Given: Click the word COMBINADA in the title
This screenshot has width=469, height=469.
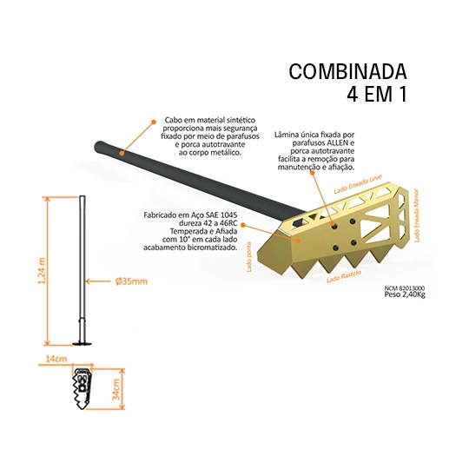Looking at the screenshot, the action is point(347,71).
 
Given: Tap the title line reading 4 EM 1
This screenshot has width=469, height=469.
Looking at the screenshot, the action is point(377,94).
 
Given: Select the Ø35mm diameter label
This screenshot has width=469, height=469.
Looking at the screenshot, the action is point(132,281).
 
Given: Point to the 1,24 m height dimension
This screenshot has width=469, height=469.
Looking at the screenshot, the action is point(43,271).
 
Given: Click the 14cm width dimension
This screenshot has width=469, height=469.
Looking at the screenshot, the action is point(56,359).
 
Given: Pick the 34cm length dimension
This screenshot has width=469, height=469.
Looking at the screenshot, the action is point(116,389).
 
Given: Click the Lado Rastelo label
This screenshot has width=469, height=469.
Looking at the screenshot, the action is point(344,276).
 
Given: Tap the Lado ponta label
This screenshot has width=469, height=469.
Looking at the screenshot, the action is point(249,257).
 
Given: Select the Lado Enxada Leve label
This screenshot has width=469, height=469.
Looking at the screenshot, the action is point(358,184).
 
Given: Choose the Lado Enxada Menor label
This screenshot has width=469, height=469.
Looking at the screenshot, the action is point(417,215).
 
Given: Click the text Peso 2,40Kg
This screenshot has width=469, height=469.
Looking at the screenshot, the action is point(405,294).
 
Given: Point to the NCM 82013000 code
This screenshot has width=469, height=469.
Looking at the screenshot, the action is point(405,288).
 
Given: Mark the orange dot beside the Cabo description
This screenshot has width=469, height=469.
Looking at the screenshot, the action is point(154,122).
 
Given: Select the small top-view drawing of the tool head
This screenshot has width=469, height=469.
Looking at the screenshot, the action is point(83,389).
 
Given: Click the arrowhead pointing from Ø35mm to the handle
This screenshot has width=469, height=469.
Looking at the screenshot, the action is point(88,281).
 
